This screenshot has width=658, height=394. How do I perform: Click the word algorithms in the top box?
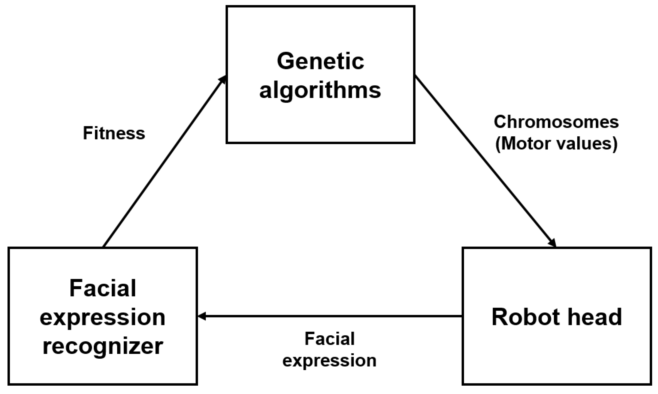(320, 90)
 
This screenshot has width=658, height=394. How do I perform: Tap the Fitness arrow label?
(114, 133)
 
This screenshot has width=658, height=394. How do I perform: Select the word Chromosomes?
(556, 122)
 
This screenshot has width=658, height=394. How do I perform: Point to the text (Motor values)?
(556, 144)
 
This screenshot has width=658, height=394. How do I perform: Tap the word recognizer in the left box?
(103, 346)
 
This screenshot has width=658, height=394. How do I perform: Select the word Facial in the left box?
(103, 289)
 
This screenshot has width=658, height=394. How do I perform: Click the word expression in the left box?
(103, 317)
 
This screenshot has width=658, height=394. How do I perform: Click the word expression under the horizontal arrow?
(329, 361)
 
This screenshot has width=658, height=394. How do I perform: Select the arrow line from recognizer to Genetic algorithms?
(164, 161)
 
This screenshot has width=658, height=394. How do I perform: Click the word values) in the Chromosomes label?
(588, 144)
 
